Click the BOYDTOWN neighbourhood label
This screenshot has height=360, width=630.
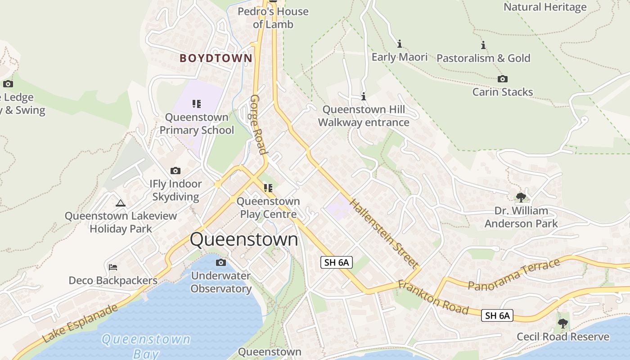(216, 58)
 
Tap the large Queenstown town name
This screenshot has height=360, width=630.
(244, 239)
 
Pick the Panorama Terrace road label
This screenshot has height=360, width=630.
(513, 274)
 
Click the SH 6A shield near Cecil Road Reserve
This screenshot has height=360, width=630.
(497, 315)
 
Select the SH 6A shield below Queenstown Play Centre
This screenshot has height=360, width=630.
(336, 262)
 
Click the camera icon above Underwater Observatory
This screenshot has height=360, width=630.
(220, 262)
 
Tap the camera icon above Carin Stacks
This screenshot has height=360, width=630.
(503, 79)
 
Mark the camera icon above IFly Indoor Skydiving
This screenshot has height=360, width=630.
(175, 171)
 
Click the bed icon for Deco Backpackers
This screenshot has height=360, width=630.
(113, 268)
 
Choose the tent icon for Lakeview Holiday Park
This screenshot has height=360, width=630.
(120, 203)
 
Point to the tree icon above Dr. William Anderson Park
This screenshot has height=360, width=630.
(521, 197)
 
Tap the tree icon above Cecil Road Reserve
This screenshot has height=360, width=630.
(562, 323)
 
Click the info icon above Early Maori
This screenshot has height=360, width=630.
(399, 44)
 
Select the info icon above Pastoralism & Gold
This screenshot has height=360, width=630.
(483, 45)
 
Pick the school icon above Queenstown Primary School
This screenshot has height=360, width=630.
(197, 104)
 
